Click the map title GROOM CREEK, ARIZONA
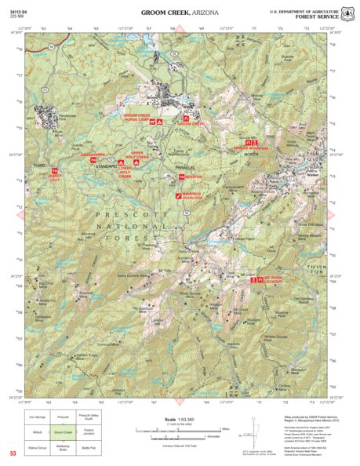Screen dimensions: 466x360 (x=179, y=13)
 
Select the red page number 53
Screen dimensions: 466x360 (x=13, y=453)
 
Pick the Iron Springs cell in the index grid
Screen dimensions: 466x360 (x=37, y=417)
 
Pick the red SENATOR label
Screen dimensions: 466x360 (x=193, y=177)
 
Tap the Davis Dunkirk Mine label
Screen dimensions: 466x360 (x=133, y=275)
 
